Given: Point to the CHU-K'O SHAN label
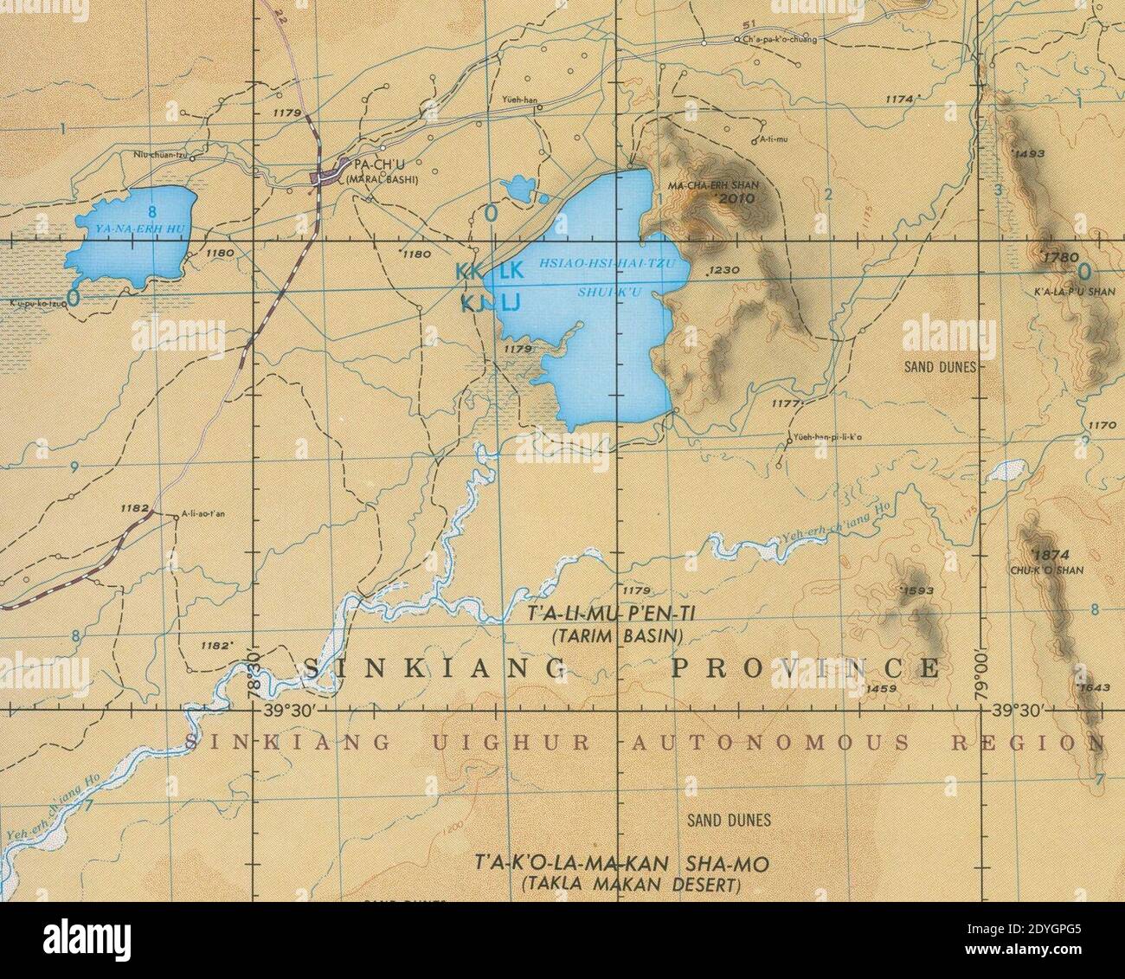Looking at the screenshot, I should tap(1034, 570).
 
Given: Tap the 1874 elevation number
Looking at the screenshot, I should tap(1032, 555).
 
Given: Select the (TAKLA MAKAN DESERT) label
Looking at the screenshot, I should tap(632, 885).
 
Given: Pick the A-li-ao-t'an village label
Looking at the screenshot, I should tap(204, 513).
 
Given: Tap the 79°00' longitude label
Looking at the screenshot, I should tap(980, 666).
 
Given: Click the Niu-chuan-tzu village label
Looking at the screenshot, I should tap(159, 156).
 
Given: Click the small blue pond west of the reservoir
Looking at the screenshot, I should tap(520, 186).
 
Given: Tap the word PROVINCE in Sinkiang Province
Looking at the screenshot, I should tap(805, 668).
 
